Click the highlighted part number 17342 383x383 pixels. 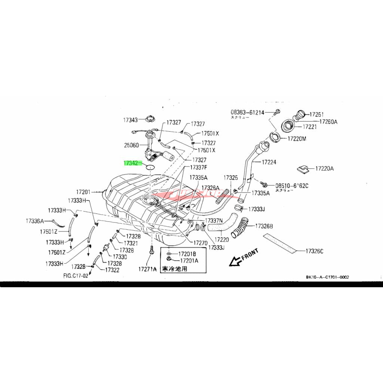tap(131, 163)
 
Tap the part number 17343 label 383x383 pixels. tap(131, 120)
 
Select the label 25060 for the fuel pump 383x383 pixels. tap(131, 144)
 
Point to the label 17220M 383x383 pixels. tap(297, 138)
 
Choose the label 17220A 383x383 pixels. tap(324, 169)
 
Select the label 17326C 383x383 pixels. tap(314, 251)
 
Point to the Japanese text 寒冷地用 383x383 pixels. tap(174, 269)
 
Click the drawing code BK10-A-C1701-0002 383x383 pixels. tap(327, 277)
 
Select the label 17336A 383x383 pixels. tap(35, 221)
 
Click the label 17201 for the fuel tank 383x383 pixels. tap(84, 192)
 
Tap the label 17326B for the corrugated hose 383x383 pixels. tap(264, 226)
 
